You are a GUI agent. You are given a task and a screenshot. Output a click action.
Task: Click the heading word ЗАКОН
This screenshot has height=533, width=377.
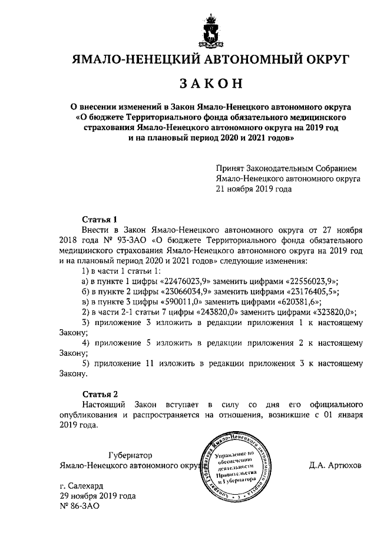pos(211,84)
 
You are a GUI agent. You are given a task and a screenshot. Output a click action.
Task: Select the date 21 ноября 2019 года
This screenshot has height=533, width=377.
pos(254,189)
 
